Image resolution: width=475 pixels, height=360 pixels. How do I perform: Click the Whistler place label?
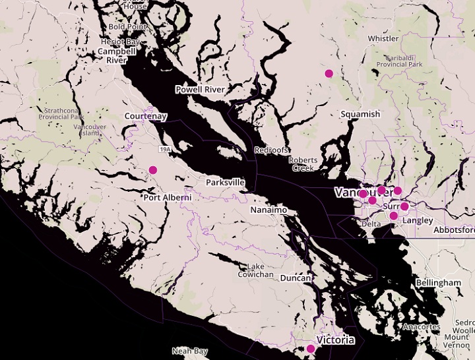tap(383, 39)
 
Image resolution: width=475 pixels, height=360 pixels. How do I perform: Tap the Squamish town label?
tap(360, 114)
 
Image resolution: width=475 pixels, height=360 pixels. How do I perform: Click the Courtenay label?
tap(146, 117)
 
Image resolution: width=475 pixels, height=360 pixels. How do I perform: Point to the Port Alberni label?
tap(168, 197)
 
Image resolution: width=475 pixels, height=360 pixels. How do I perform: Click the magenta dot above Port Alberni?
tap(153, 170)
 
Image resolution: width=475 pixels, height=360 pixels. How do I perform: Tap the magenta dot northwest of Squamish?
tap(329, 74)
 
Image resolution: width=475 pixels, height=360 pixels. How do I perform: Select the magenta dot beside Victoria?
tap(311, 349)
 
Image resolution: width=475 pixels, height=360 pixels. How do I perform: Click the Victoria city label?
tap(335, 341)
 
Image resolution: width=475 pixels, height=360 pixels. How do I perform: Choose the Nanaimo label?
tap(269, 210)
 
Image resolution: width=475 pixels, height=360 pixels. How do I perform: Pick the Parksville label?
tap(225, 182)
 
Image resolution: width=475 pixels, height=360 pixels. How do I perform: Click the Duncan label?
tap(296, 279)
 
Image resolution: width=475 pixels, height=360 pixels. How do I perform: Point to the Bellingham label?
tap(439, 283)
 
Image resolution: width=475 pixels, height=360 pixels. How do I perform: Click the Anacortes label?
tap(422, 327)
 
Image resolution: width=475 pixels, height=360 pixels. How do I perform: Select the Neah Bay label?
tap(190, 351)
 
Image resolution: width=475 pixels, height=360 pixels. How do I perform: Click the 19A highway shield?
tap(164, 150)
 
